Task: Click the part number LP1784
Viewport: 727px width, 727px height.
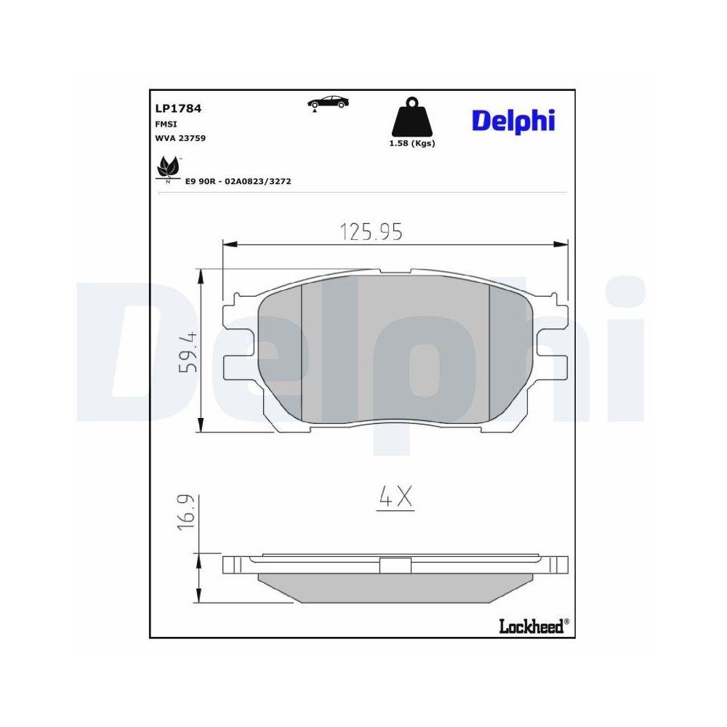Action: coord(178,108)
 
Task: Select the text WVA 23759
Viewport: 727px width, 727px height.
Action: coord(180,137)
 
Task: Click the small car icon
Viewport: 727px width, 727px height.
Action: coord(328,103)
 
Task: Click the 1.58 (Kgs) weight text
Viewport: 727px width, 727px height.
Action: coord(412,143)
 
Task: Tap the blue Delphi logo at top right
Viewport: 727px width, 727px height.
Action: coord(513,121)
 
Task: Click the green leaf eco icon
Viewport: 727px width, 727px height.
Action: coord(169,169)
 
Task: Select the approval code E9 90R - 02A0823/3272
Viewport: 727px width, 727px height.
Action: coord(238,181)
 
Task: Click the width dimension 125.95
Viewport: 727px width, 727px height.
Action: coord(371,232)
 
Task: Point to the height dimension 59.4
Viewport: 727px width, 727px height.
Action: coord(188,352)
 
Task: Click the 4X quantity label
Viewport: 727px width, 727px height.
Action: coord(395,497)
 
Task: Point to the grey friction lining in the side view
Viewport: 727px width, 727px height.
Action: coord(395,587)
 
